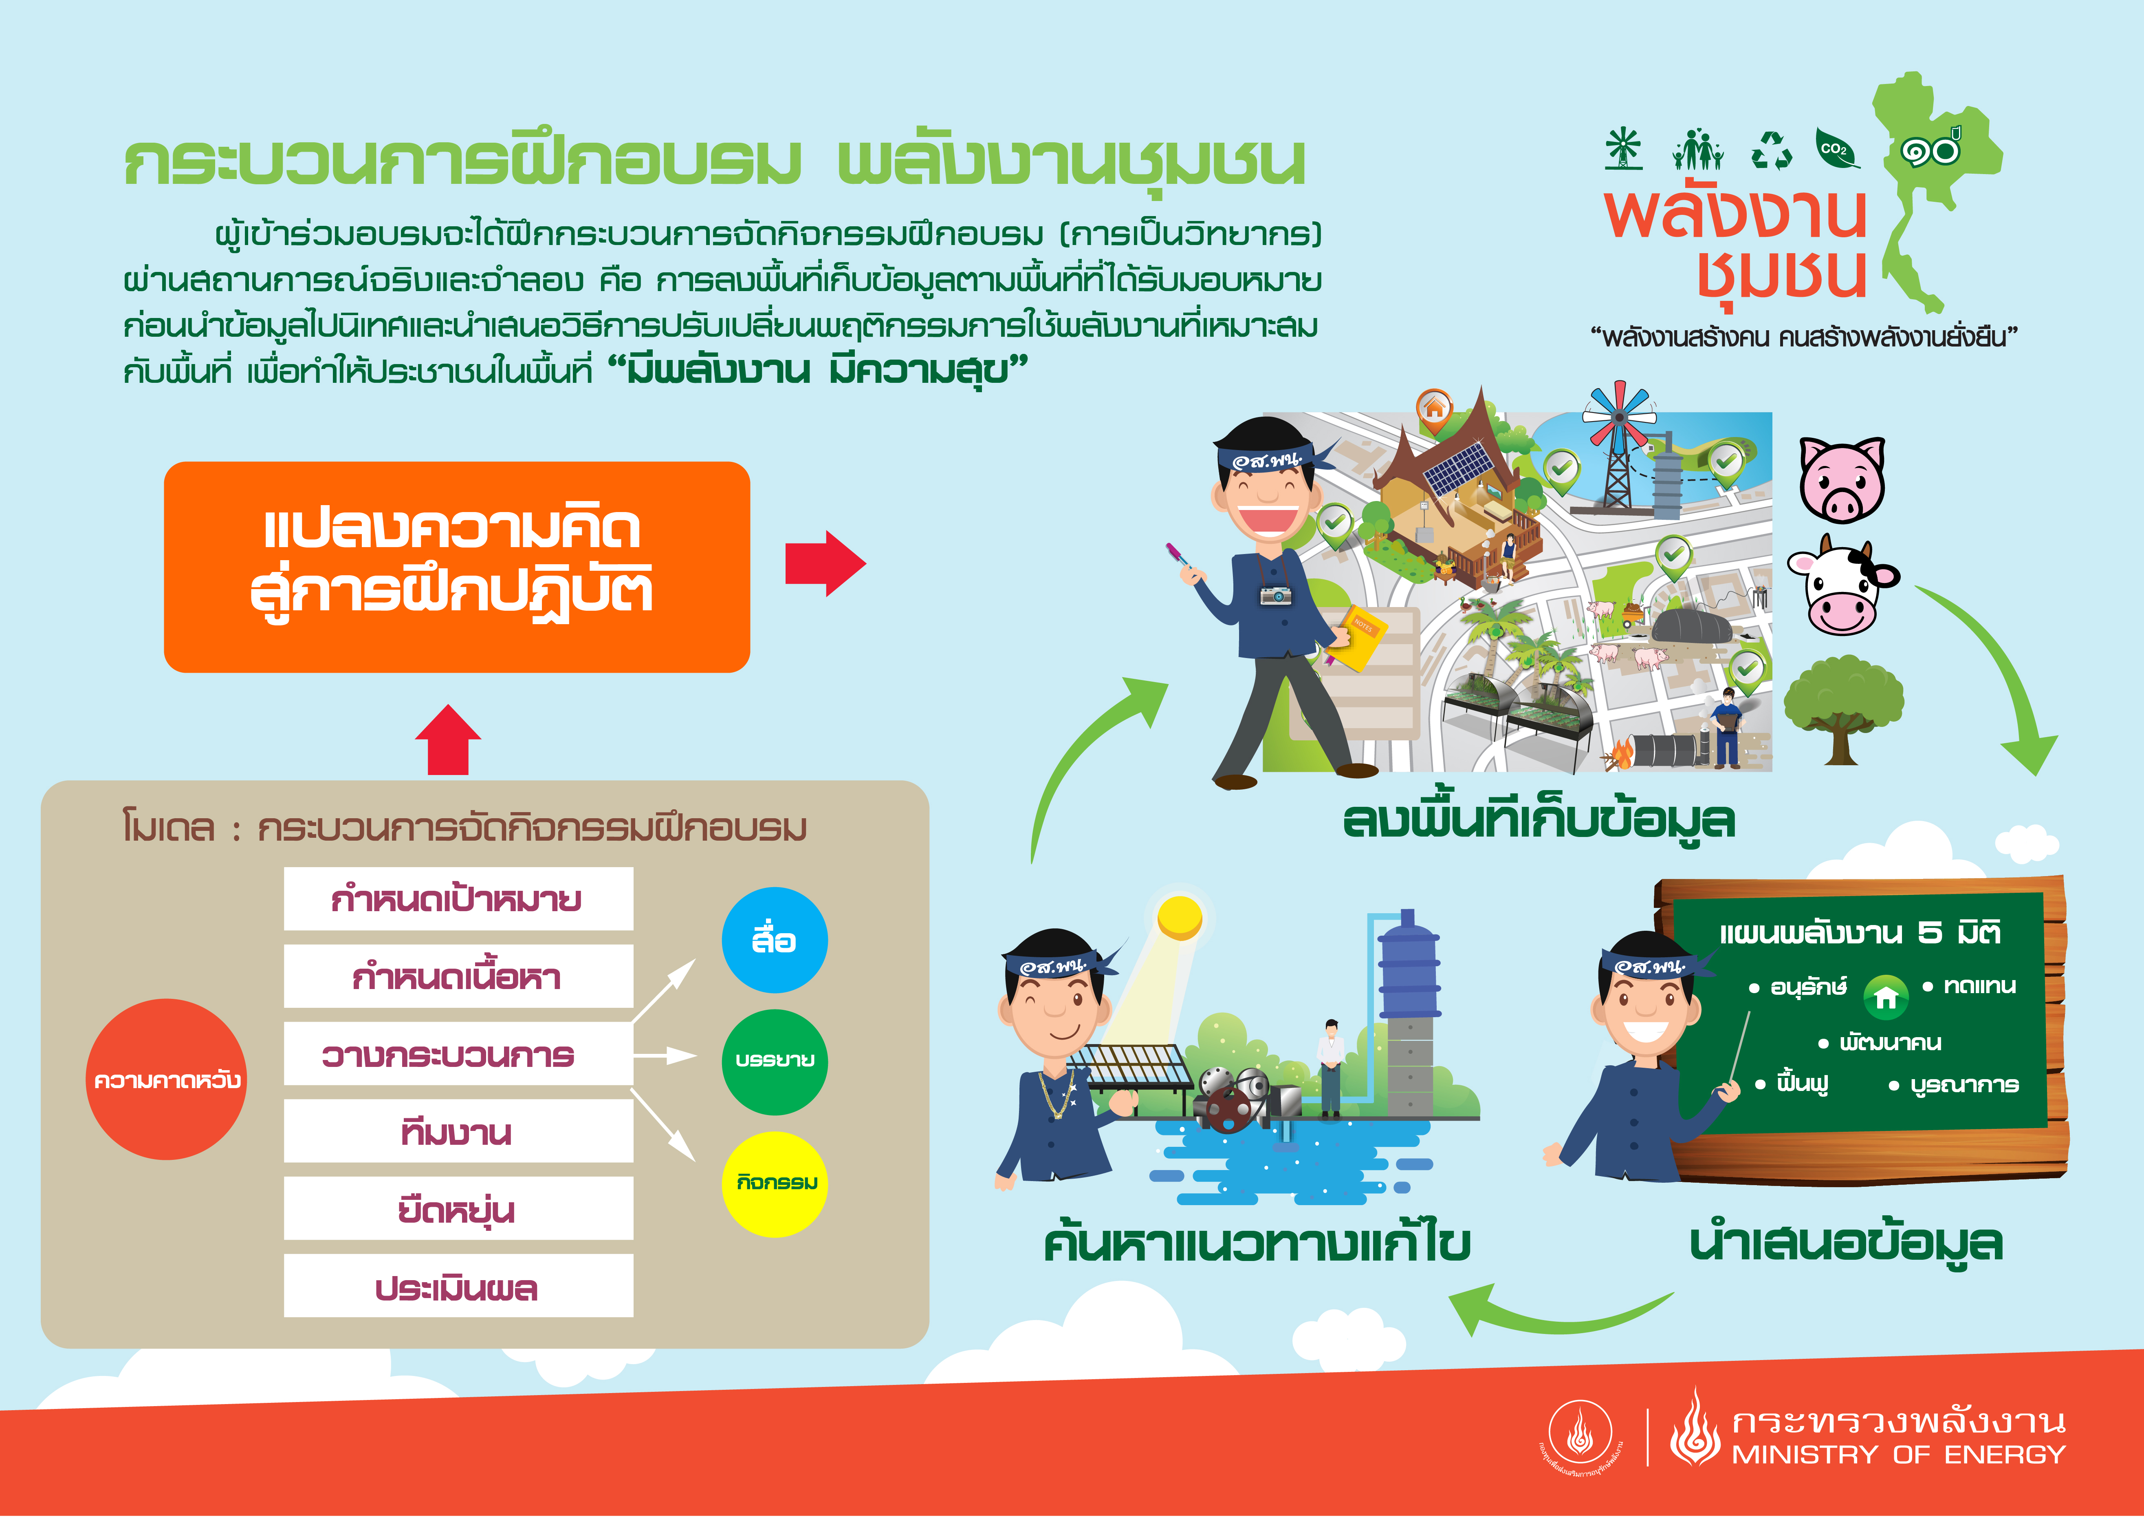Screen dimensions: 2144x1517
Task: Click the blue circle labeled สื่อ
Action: click(774, 940)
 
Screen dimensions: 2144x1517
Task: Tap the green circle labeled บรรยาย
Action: click(774, 1062)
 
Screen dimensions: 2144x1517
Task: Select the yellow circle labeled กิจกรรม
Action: click(774, 1184)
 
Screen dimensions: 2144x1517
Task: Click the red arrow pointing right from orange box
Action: click(825, 563)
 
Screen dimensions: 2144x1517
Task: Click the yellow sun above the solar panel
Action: click(1180, 917)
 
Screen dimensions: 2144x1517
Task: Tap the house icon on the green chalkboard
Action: click(1885, 997)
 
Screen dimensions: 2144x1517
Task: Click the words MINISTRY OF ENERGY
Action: click(1898, 1454)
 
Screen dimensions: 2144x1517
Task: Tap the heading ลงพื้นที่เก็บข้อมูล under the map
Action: click(1538, 820)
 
